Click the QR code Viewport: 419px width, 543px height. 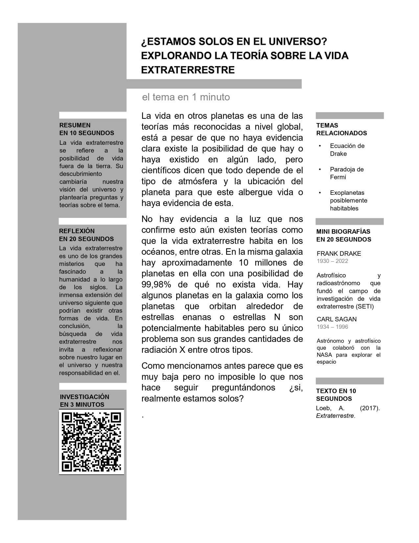point(91,442)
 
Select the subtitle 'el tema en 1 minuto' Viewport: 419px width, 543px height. point(186,97)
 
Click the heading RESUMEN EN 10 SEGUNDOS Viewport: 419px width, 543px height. point(87,129)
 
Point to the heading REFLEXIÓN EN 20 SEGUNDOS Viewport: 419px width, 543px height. point(86,235)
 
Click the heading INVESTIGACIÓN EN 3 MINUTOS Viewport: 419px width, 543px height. point(84,401)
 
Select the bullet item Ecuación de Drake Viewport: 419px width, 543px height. point(347,150)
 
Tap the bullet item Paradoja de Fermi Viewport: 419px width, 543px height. point(346,173)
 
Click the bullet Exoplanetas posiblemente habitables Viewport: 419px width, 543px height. point(348,200)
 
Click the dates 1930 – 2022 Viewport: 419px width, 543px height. point(332,261)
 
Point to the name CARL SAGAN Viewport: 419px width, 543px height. point(337,319)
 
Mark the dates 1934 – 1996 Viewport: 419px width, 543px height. point(332,327)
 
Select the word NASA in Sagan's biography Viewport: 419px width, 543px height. point(324,355)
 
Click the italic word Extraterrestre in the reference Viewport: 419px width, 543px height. point(336,416)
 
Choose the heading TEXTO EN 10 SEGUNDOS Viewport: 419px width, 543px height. point(336,395)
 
